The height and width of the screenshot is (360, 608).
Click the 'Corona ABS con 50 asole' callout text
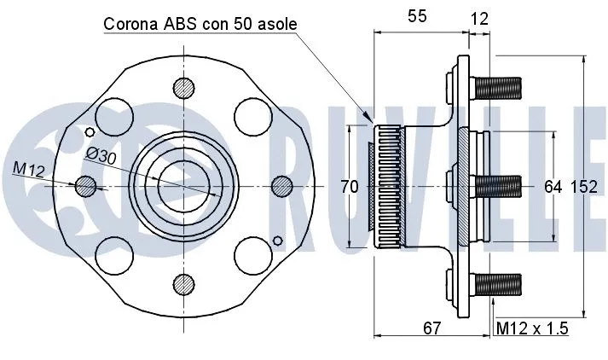click(x=200, y=24)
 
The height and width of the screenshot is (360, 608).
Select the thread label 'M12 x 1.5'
click(x=532, y=328)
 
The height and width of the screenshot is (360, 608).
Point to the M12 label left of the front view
click(x=28, y=170)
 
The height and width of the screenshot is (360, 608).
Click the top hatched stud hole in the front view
click(x=183, y=87)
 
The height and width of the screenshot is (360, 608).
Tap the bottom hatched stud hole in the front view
click(x=183, y=284)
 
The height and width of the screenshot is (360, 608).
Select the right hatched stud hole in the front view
click(x=281, y=185)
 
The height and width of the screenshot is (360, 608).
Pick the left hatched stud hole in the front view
click(x=85, y=185)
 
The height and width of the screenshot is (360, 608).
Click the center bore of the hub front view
click(x=182, y=185)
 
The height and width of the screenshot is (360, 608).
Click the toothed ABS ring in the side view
click(x=388, y=186)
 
